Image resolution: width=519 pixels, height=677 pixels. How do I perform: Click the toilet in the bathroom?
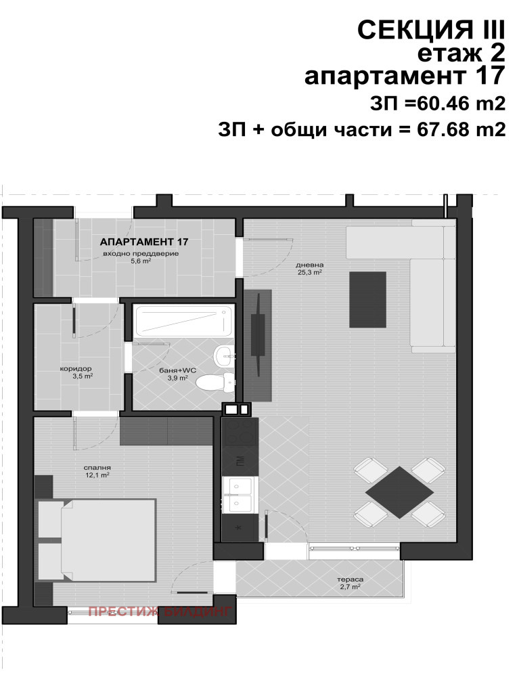216,382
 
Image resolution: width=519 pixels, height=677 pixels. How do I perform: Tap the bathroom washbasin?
224,356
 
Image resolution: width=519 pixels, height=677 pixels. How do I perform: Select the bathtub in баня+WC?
184,321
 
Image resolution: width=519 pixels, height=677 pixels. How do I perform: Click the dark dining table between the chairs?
399,493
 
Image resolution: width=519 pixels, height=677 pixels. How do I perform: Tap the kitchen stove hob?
240,432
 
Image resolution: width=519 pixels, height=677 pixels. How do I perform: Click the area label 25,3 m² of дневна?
310,272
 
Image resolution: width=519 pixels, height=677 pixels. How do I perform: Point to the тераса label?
351,579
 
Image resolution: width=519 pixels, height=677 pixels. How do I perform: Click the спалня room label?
98,467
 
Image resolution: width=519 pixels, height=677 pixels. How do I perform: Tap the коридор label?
76,369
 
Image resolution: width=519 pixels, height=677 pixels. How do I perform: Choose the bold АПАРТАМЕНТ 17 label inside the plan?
144,242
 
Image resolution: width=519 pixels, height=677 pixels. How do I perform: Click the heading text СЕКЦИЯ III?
431,30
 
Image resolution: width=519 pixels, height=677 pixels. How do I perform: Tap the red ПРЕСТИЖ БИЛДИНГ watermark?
160,611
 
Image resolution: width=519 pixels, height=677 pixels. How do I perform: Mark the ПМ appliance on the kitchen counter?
240,462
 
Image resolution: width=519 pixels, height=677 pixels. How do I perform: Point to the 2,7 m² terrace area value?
350,587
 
